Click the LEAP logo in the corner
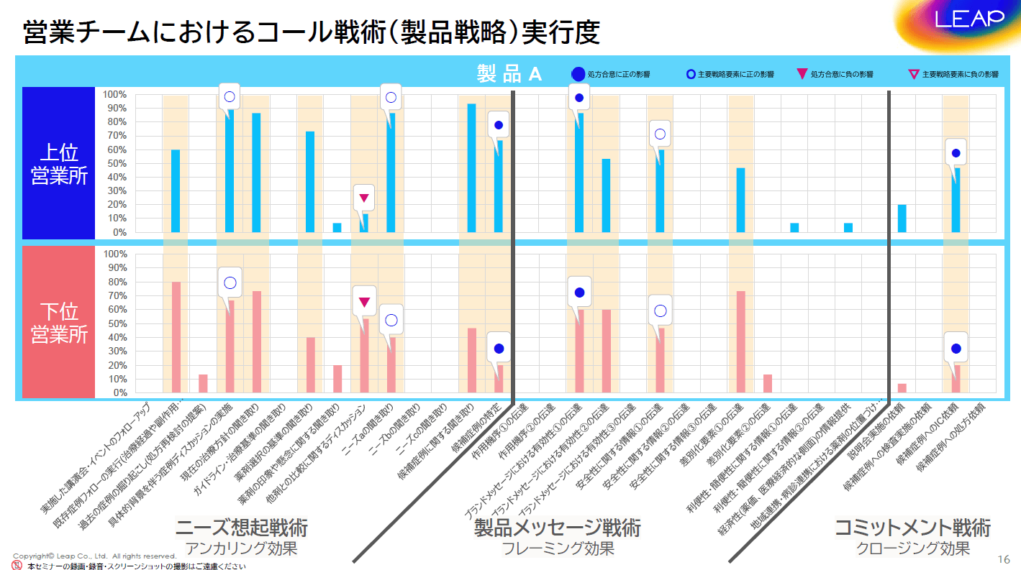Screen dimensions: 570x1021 pos(968,19)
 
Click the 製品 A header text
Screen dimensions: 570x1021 pos(509,73)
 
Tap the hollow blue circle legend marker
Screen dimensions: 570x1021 pos(691,74)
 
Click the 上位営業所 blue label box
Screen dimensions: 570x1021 pos(59,163)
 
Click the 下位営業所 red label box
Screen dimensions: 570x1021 pos(59,323)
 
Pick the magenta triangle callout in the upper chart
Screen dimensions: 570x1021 pos(364,198)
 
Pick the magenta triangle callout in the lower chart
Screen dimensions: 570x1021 pos(364,302)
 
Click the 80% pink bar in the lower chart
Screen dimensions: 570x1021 pos(176,337)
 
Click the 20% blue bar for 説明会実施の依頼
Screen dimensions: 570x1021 pos(902,219)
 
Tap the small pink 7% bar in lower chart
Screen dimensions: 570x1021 pos(902,388)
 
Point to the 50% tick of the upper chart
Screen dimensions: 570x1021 pos(116,163)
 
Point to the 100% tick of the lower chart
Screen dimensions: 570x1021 pos(116,254)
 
